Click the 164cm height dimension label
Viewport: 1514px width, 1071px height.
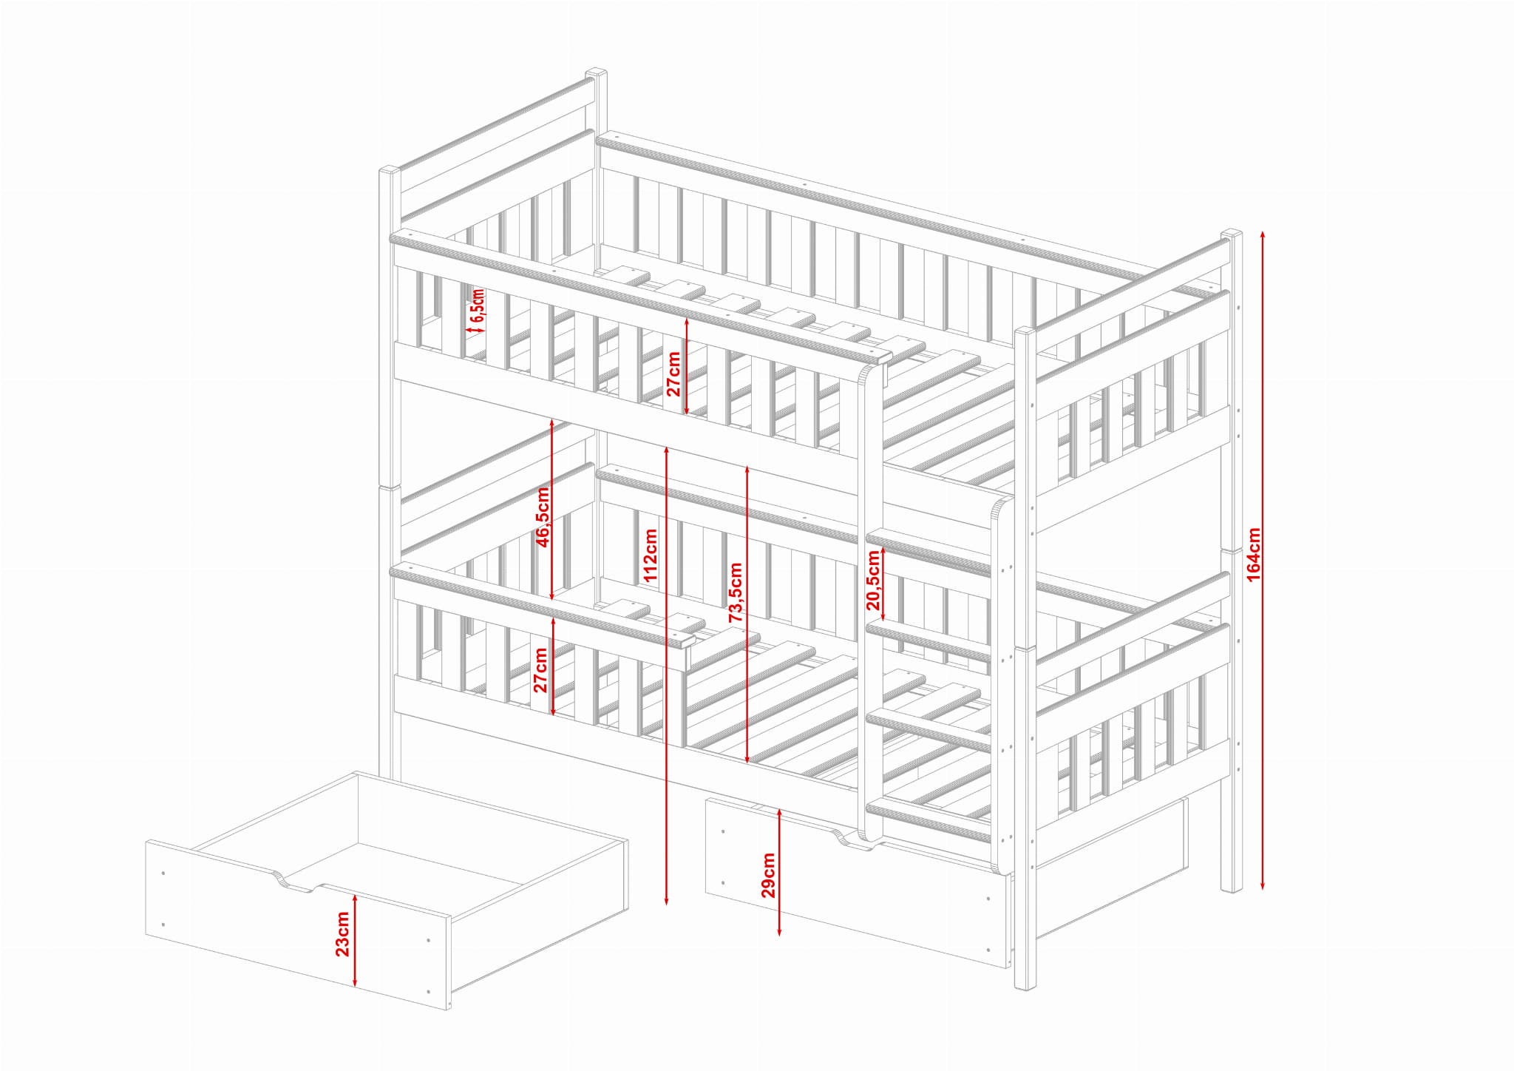coord(1254,554)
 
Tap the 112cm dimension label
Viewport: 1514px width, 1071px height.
coord(651,555)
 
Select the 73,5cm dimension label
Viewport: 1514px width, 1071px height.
coord(736,592)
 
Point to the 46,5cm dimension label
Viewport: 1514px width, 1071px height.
coord(543,517)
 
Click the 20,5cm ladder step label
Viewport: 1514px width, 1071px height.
coord(874,581)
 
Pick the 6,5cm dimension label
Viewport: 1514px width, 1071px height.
coord(477,305)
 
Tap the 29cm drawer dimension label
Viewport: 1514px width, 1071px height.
coord(769,875)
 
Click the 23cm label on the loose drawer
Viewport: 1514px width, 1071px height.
coord(343,934)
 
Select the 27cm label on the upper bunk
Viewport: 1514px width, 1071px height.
coord(673,374)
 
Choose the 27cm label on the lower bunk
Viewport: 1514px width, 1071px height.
coord(541,670)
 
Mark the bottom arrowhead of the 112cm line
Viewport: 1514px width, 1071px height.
coord(667,900)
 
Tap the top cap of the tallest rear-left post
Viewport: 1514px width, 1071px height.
coord(597,73)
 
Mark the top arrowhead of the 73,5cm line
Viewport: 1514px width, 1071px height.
coord(747,470)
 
